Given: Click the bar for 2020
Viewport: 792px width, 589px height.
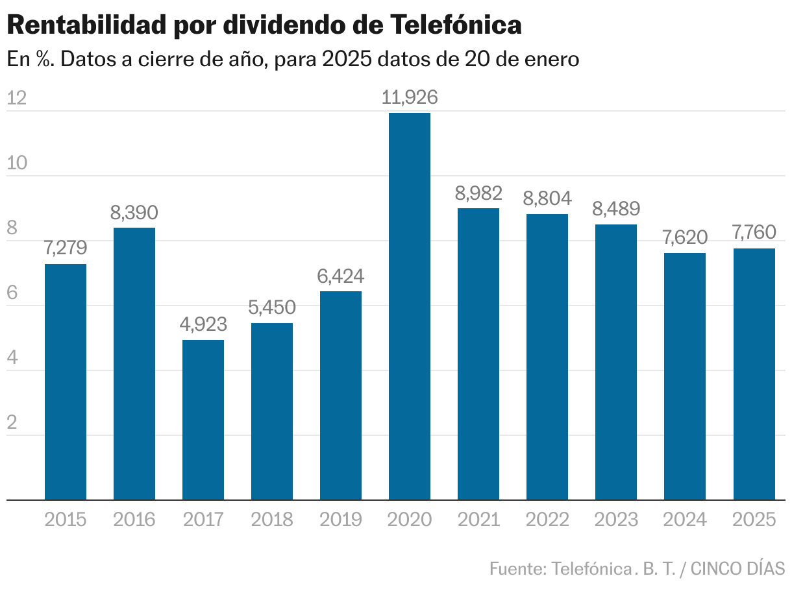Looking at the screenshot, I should (409, 306).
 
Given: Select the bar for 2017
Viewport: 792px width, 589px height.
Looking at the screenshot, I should (203, 420).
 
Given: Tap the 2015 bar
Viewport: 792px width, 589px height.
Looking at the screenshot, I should (66, 381).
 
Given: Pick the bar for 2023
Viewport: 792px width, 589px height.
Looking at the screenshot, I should (616, 362).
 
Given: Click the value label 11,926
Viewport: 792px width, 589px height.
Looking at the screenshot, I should (410, 98).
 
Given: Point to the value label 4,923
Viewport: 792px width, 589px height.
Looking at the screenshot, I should (203, 325).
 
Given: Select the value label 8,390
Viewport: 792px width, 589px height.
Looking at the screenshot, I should (134, 213).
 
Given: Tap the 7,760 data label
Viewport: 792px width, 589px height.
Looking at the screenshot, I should (754, 233).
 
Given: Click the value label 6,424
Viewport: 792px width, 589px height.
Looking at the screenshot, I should (341, 276).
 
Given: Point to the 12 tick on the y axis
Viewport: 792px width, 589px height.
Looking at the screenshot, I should (16, 98).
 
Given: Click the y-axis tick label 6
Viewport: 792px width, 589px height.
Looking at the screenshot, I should (12, 293).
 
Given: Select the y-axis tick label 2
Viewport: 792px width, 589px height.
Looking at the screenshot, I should (12, 422).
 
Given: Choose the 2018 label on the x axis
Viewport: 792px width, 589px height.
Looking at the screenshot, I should (272, 520).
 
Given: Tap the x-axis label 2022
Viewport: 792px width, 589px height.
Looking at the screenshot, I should (547, 520).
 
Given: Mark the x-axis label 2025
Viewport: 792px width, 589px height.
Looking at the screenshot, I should (754, 520).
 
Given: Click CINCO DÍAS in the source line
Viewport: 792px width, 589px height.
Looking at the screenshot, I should (737, 568).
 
